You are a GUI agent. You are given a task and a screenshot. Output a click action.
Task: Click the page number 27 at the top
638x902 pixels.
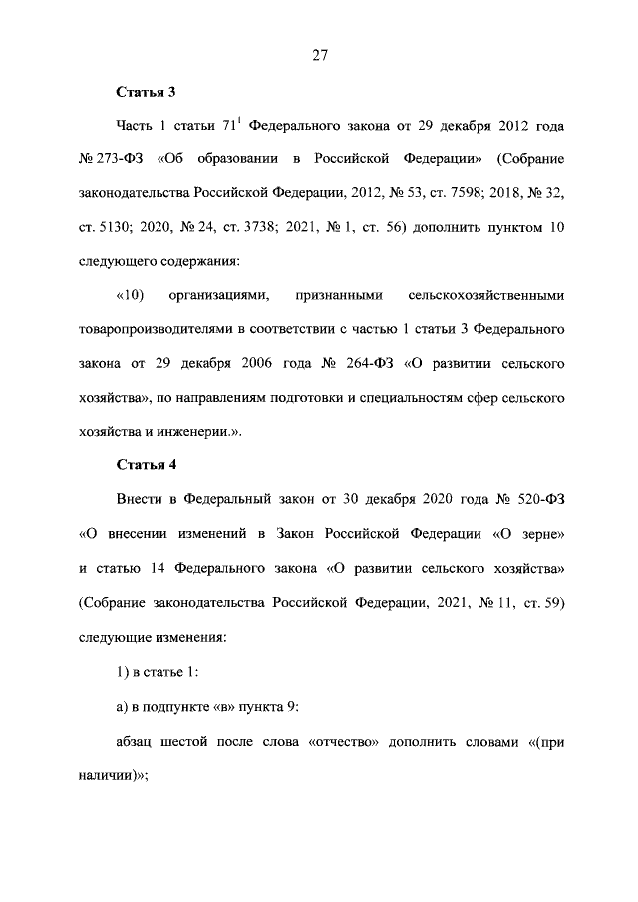[x=318, y=56]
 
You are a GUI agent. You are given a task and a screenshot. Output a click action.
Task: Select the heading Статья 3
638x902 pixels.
[x=146, y=93]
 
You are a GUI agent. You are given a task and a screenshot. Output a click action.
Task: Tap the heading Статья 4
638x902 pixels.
[x=146, y=463]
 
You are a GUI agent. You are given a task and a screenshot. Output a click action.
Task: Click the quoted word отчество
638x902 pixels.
[x=358, y=743]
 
